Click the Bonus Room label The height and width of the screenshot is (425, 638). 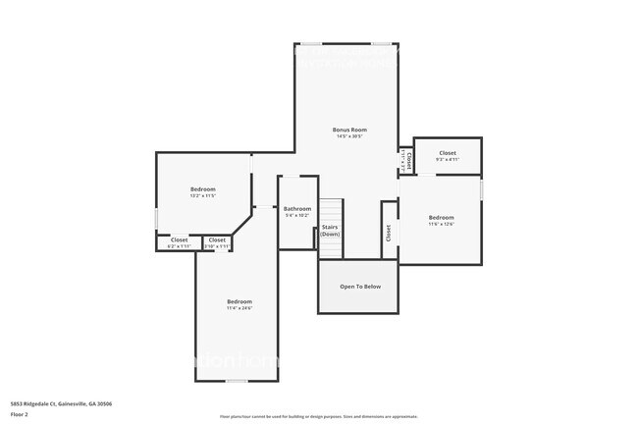click(347, 130)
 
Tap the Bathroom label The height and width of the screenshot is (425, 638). click(297, 208)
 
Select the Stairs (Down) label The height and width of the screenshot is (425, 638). click(331, 231)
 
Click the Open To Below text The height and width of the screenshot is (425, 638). click(359, 287)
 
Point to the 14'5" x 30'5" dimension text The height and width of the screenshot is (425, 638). click(347, 136)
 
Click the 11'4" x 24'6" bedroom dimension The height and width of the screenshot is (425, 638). click(239, 308)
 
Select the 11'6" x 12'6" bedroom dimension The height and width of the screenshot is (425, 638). click(441, 224)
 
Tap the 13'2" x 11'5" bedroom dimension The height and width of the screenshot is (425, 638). click(202, 195)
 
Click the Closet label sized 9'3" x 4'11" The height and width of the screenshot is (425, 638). click(447, 153)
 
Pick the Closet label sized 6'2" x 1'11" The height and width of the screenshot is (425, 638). click(179, 239)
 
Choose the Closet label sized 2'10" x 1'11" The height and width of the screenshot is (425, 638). click(217, 239)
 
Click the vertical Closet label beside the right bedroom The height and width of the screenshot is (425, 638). click(389, 233)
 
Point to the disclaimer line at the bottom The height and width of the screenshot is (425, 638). click(319, 417)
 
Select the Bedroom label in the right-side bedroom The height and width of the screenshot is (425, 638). click(441, 217)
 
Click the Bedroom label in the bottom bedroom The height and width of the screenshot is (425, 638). click(239, 301)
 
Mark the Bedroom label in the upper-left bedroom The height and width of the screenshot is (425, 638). click(202, 188)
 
